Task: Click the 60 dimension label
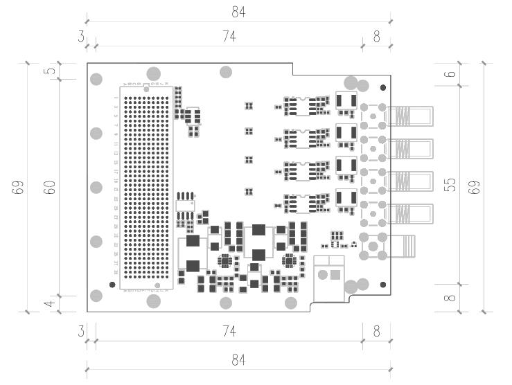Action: coord(49,187)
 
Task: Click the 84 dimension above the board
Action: coord(238,12)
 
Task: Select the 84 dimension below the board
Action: coord(238,360)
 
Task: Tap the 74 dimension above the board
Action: coord(229,37)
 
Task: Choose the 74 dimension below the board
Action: coord(229,332)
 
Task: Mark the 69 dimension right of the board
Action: coord(475,187)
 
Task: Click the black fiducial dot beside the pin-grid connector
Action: coord(113,284)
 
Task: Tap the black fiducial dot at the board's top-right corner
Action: coord(383,88)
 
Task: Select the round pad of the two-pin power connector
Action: coord(322,275)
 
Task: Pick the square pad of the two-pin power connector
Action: coord(336,275)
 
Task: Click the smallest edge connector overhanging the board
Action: coord(402,245)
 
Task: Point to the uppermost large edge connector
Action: coord(409,116)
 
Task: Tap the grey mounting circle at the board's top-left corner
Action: coord(97,79)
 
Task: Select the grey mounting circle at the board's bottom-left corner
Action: coord(97,296)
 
